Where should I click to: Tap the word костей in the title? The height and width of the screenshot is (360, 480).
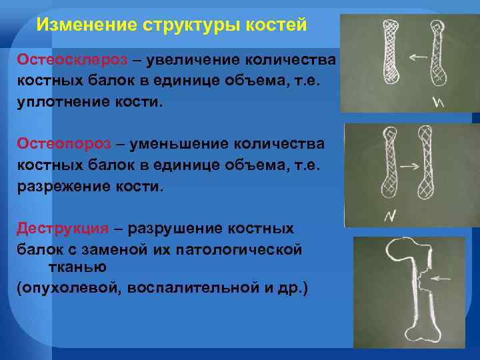275,25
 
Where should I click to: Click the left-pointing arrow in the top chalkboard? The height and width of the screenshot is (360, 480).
418,57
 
